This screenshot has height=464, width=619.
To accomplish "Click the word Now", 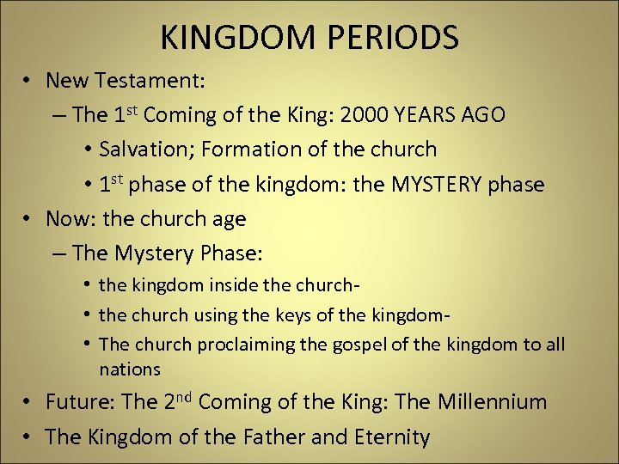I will (68, 219).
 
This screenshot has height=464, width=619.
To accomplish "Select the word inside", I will (211, 285).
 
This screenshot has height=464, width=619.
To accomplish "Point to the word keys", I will (296, 315).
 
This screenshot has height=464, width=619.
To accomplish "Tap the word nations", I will (130, 369).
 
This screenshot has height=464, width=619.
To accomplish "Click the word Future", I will (79, 402).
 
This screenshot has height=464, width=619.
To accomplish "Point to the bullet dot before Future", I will (28, 402).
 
